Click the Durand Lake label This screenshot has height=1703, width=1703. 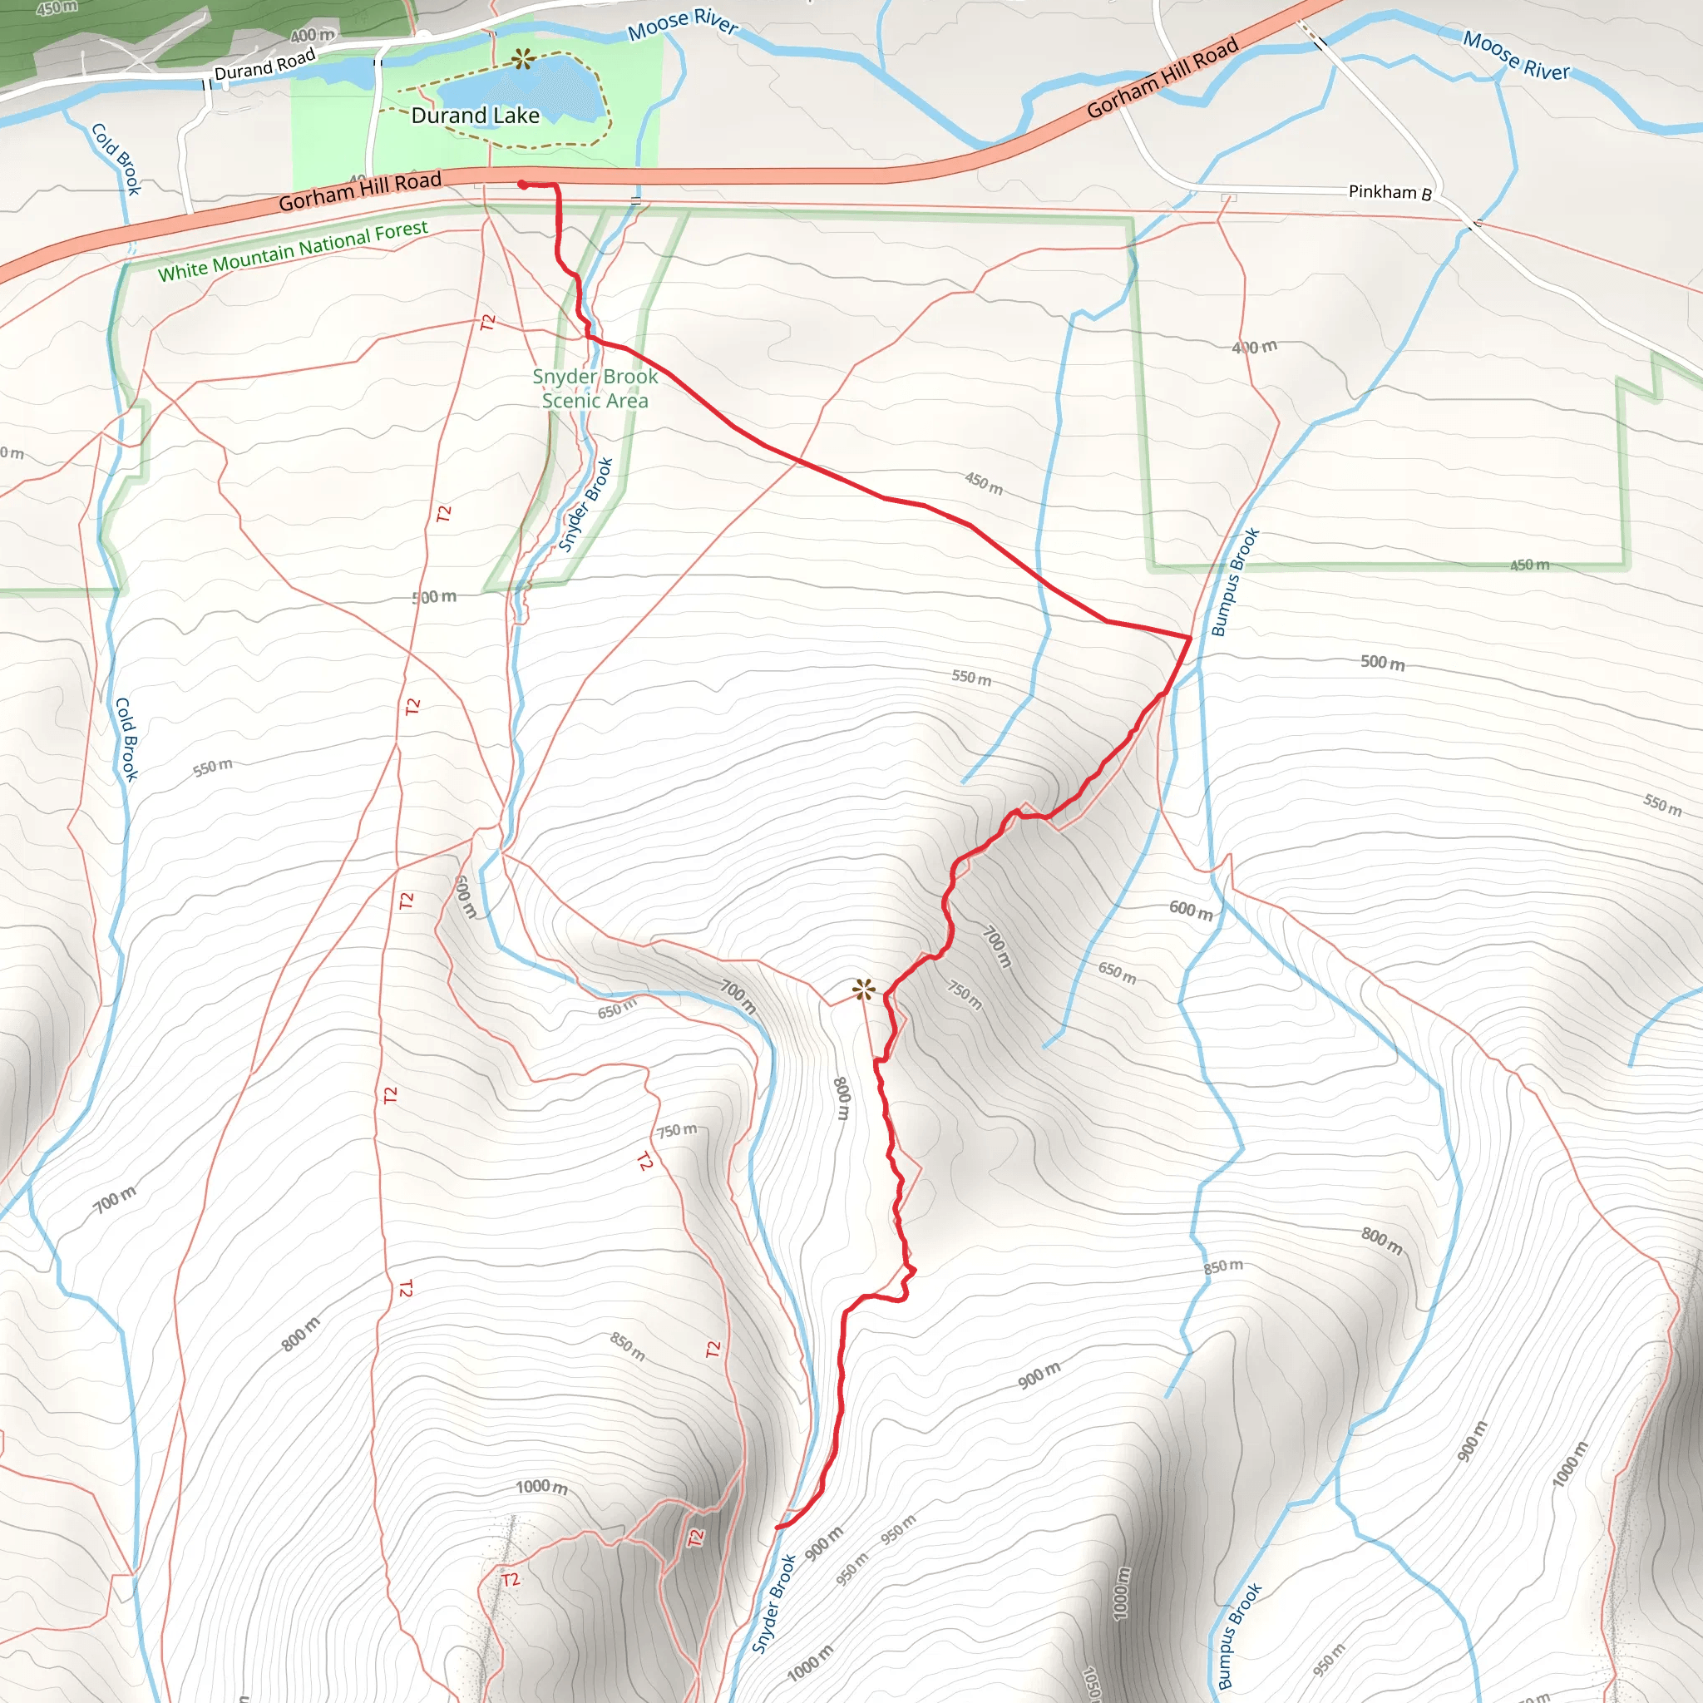coord(475,116)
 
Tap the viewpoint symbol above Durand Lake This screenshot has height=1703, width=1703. coord(524,59)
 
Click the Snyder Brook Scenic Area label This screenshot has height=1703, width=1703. coord(595,387)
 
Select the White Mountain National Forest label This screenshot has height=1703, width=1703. coord(293,251)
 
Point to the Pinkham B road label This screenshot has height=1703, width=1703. coord(1390,191)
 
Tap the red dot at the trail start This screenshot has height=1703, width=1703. coord(523,185)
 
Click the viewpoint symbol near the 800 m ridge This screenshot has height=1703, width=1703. coord(864,990)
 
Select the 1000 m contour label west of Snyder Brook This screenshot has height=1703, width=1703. coord(541,1487)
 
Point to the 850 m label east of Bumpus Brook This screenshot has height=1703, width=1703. coord(1223,1266)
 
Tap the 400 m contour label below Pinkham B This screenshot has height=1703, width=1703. coord(1254,348)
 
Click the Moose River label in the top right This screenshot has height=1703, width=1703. coord(1516,56)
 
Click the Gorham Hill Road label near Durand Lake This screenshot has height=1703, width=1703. coord(359,192)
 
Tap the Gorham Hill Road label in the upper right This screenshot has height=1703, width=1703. coord(1162,77)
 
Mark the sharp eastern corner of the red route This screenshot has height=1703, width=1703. coord(1191,636)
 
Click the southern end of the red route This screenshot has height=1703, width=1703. coord(777,1528)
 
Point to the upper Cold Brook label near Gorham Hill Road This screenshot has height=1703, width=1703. coord(116,159)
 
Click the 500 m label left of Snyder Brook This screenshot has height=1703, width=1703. coord(435,597)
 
